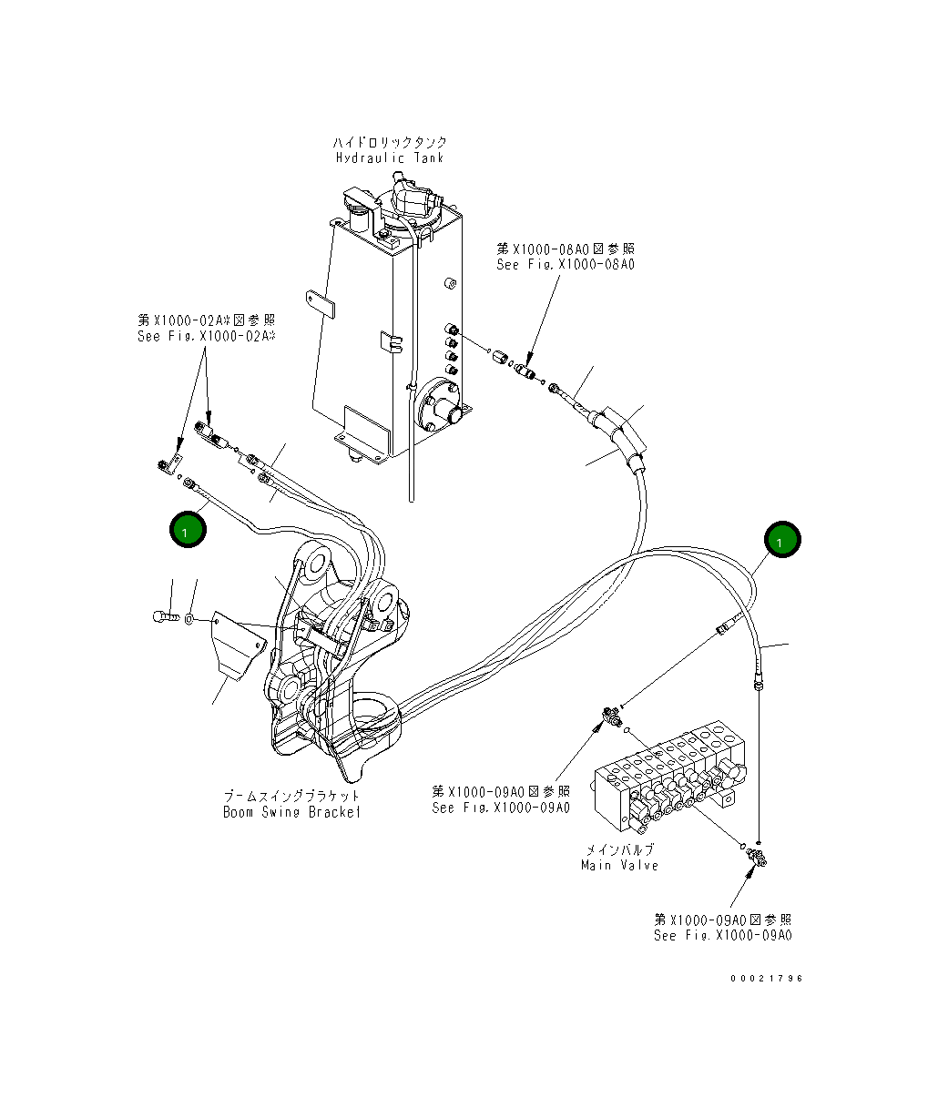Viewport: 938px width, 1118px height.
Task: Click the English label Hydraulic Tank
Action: click(x=389, y=158)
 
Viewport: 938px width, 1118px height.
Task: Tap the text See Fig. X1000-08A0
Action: click(x=565, y=265)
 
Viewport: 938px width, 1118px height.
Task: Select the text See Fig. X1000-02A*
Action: click(x=206, y=336)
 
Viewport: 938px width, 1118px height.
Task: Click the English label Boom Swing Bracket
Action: click(x=291, y=812)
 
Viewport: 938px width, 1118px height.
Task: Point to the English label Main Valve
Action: click(x=619, y=865)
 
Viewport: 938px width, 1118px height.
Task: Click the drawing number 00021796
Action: click(x=766, y=979)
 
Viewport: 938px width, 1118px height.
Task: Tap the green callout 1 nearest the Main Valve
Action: click(x=781, y=540)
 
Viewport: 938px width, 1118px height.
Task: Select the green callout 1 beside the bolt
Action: click(x=187, y=530)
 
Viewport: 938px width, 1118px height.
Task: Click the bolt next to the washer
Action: click(x=161, y=617)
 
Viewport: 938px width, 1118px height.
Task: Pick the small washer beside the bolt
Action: click(x=188, y=619)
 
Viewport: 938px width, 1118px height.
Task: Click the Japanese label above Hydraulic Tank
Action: click(x=389, y=143)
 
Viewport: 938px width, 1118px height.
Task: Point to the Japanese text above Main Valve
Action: click(x=619, y=849)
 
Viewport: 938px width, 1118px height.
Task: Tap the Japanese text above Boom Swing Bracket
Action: click(x=291, y=797)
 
